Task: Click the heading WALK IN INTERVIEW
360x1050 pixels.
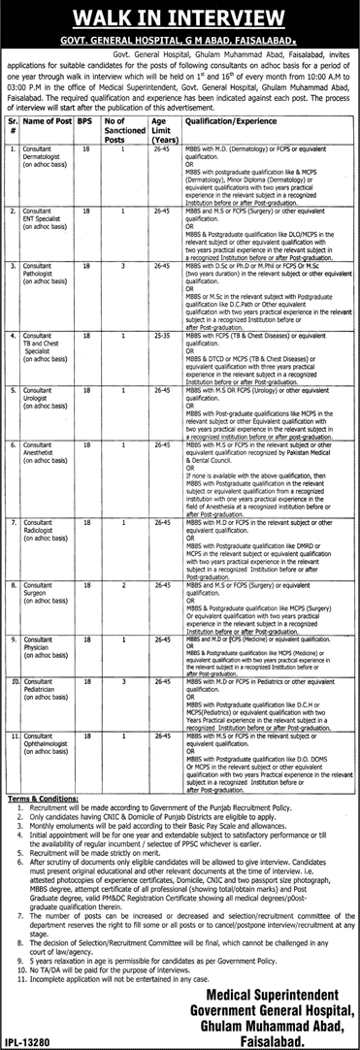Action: tap(180, 17)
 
